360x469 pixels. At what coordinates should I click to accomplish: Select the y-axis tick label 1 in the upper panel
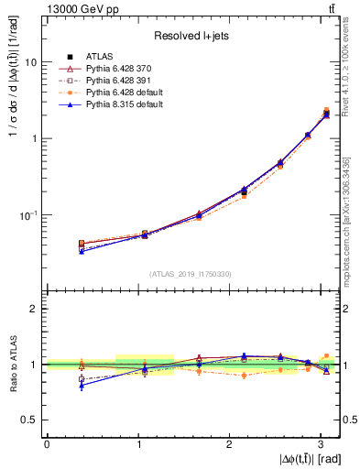click(x=34, y=138)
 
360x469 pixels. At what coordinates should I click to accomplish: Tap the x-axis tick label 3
click(x=322, y=443)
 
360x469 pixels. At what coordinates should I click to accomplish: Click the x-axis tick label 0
click(x=47, y=443)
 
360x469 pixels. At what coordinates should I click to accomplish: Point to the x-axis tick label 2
click(x=230, y=443)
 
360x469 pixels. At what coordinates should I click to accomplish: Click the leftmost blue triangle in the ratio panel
click(x=82, y=386)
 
